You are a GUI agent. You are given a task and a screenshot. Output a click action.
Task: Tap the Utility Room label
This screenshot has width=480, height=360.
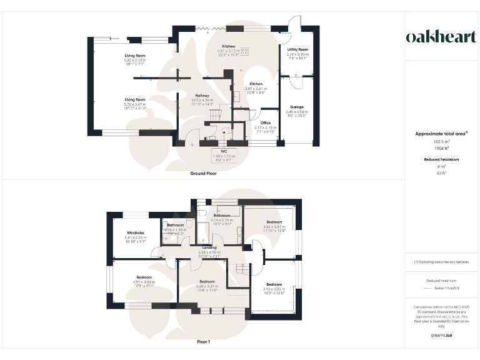tap(297, 49)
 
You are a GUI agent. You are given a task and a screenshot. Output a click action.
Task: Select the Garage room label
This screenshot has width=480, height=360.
tap(297, 107)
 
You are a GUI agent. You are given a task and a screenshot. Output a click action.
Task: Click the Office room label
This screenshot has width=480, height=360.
tap(265, 122)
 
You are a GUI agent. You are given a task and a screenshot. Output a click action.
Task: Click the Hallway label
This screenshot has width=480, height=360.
tap(202, 95)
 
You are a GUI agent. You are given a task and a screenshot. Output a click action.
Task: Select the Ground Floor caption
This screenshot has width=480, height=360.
tap(203, 173)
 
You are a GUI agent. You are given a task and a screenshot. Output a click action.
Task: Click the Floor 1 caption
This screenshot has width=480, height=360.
tap(203, 342)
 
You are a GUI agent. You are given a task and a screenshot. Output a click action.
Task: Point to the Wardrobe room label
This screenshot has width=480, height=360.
tap(136, 232)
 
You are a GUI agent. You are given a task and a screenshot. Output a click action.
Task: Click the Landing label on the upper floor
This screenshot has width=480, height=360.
tap(209, 247)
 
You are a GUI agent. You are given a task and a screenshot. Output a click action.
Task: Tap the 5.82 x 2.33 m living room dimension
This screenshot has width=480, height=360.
tap(134, 59)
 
